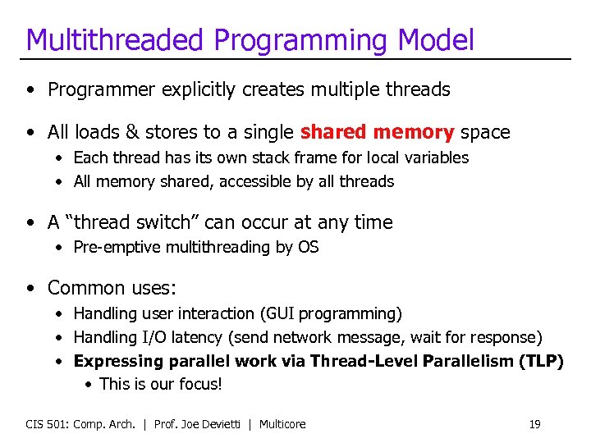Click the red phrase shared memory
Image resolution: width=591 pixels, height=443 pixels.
pos(377,132)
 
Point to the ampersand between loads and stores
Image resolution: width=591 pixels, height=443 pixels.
pos(131,132)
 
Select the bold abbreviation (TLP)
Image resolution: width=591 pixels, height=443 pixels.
pos(541,361)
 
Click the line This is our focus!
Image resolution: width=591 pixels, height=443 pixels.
pos(161,384)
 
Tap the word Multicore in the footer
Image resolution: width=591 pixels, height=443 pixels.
pos(282,424)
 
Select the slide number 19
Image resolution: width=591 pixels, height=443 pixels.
pos(534,424)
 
